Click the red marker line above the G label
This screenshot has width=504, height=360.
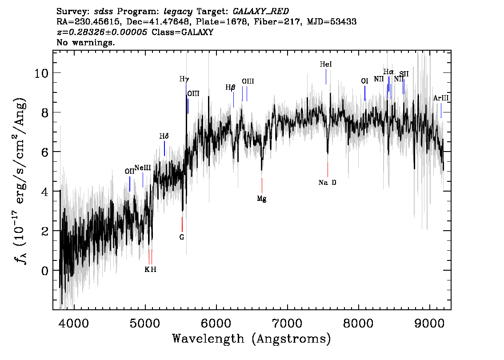click(x=182, y=224)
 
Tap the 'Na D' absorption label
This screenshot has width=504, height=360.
click(x=328, y=183)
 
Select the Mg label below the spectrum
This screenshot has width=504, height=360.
click(x=261, y=199)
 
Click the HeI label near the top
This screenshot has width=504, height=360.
click(x=326, y=64)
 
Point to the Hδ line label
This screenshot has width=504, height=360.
click(x=164, y=136)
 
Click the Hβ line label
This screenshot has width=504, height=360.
click(x=230, y=88)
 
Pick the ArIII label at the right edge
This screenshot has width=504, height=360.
click(x=441, y=98)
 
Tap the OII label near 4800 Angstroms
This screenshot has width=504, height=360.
click(x=129, y=172)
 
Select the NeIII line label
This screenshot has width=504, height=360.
click(x=143, y=168)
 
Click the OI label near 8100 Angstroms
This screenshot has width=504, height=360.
click(x=364, y=81)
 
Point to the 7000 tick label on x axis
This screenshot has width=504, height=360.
click(x=287, y=322)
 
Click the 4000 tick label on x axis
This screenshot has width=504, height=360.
click(x=74, y=322)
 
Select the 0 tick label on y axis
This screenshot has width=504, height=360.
click(x=44, y=270)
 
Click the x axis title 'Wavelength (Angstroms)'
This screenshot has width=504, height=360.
click(x=252, y=339)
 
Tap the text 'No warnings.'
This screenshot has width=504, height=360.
click(x=86, y=43)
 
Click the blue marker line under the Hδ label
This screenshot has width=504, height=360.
click(x=164, y=148)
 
